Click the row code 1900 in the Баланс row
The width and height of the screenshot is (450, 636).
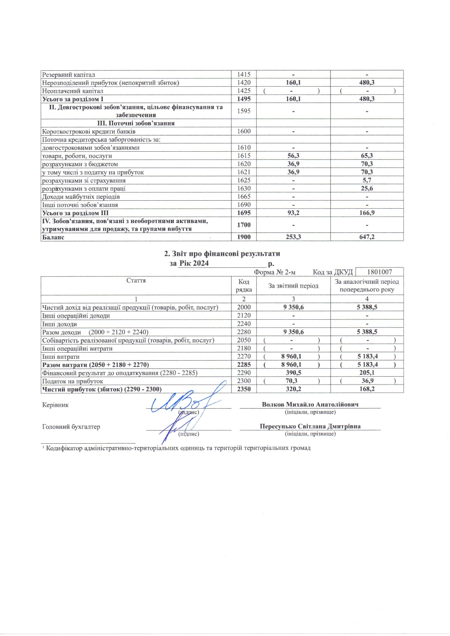[x=244, y=237]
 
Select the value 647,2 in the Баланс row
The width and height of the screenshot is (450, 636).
[x=367, y=237]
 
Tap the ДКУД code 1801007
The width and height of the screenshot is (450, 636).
[x=380, y=272]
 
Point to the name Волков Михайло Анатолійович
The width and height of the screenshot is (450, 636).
[x=310, y=404]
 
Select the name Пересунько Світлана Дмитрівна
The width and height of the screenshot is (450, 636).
[x=310, y=426]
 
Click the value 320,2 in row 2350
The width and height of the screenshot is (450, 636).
[x=293, y=389]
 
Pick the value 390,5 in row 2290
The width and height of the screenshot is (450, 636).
[x=293, y=373]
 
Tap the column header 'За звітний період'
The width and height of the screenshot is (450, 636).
[x=293, y=286]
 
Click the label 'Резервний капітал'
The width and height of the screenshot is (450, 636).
[x=69, y=75]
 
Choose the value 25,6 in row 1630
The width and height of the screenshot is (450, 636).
[x=367, y=188]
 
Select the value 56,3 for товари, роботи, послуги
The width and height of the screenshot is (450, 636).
[x=293, y=156]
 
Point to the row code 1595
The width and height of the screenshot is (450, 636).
[x=244, y=111]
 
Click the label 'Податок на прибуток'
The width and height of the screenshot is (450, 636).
[x=73, y=381]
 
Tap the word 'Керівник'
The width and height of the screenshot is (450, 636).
[x=55, y=405]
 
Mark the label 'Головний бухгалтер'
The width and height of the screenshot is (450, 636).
[x=71, y=427]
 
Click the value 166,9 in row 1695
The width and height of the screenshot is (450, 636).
[x=367, y=213]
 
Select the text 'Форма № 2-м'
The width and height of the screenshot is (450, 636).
[x=275, y=272]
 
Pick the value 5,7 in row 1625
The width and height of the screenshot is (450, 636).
[x=367, y=180]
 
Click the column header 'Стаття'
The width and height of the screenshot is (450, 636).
[x=136, y=280]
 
